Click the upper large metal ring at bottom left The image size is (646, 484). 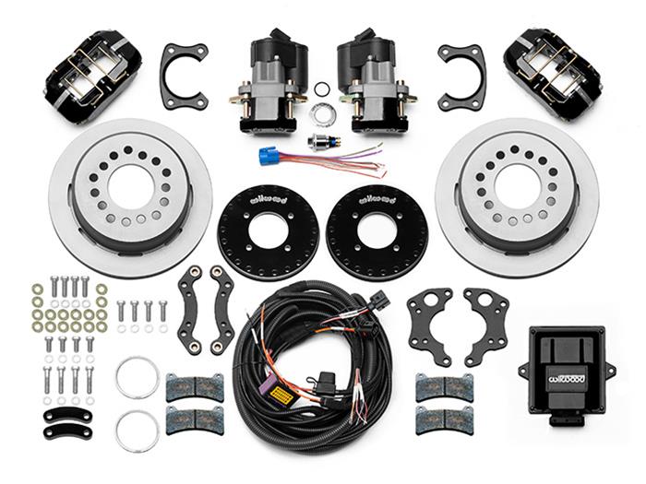[137, 376]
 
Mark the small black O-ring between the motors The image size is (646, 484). [321, 89]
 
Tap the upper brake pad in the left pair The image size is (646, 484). [187, 387]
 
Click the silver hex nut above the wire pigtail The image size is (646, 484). [322, 114]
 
